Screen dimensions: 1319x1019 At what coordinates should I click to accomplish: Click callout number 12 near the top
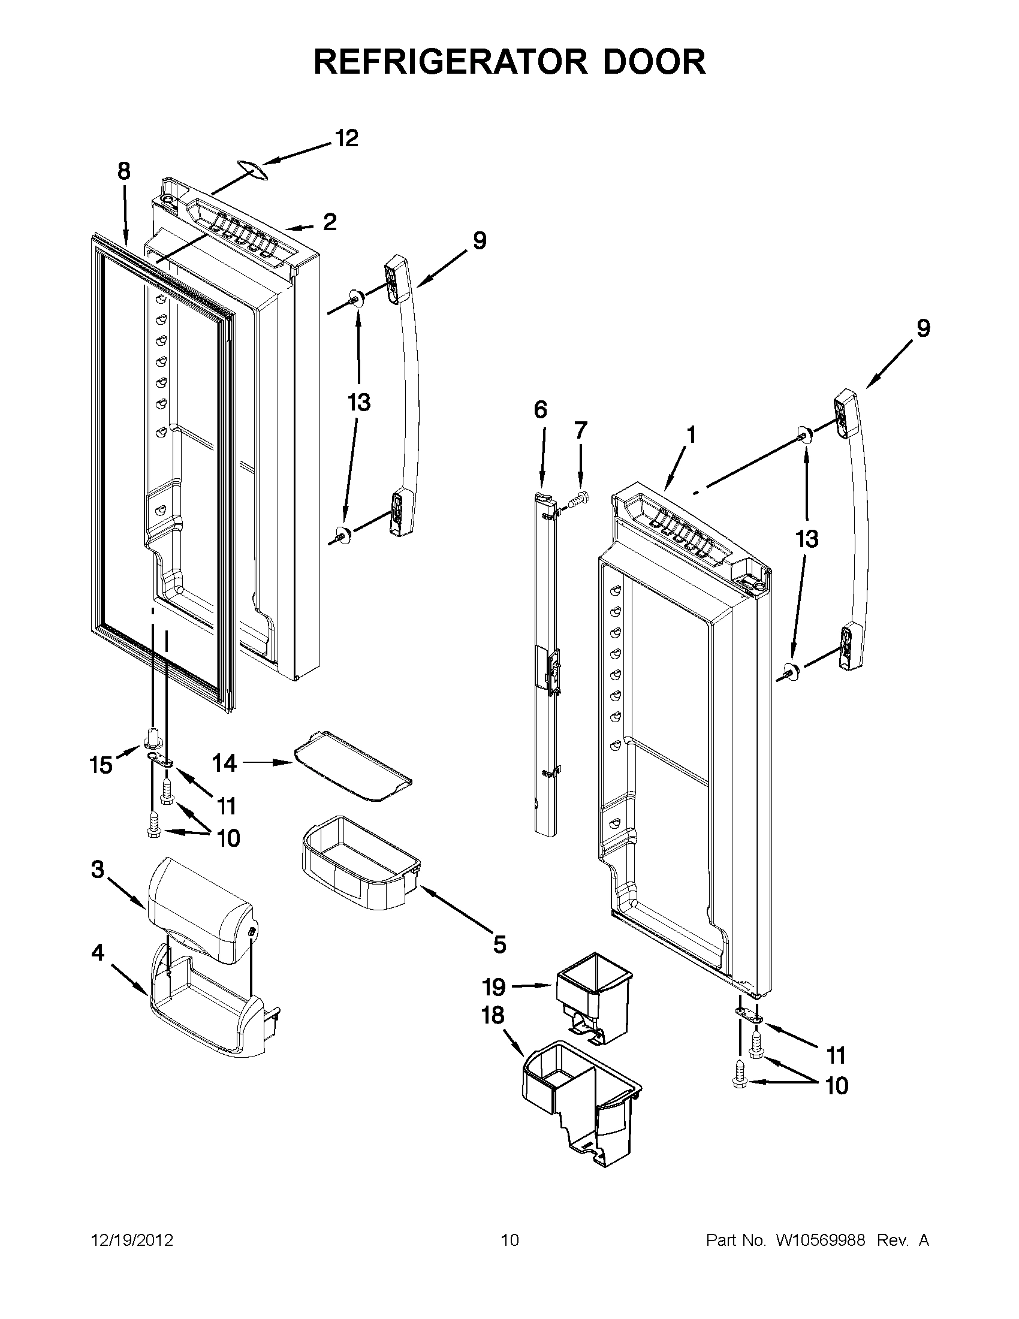coord(346,139)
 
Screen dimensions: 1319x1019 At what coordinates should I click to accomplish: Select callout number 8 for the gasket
coord(123,172)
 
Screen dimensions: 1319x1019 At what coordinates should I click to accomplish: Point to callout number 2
coord(329,223)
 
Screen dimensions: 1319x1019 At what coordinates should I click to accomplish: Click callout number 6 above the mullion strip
coord(540,411)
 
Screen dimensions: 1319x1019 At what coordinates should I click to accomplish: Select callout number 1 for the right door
coord(691,435)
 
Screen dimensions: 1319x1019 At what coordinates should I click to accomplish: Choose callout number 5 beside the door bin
coord(499,944)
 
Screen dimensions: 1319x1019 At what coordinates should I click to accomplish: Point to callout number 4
coord(98,953)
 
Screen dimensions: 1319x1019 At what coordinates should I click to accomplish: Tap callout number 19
coord(493,988)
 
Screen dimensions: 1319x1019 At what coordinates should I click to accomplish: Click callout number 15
coord(101,766)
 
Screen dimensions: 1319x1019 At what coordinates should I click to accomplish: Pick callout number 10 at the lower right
coord(836,1086)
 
